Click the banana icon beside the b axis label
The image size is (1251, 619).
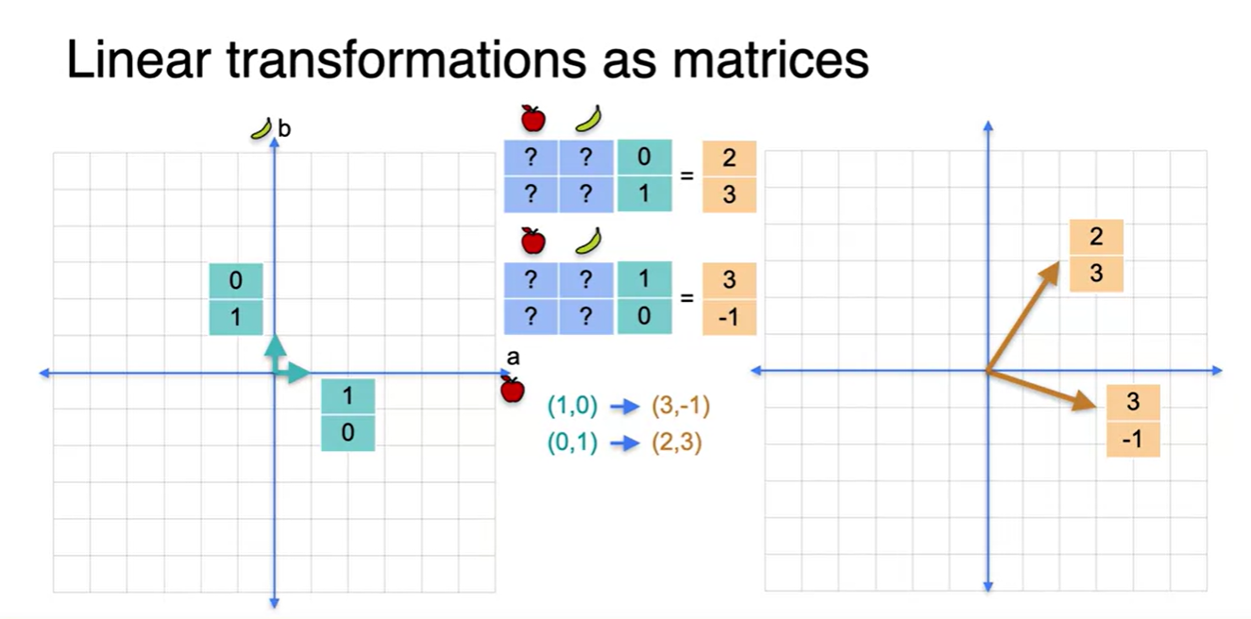click(x=262, y=128)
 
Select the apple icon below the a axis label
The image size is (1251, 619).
click(x=512, y=389)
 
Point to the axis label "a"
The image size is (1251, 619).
click(x=514, y=359)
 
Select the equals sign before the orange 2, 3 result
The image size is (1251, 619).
click(x=687, y=176)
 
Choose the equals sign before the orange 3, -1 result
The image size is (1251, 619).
click(x=687, y=298)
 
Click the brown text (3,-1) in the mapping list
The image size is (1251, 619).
click(x=681, y=407)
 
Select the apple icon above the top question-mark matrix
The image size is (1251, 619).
click(x=533, y=119)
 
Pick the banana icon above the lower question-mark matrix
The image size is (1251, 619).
click(x=589, y=242)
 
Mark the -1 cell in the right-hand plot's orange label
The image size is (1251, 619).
click(x=1133, y=440)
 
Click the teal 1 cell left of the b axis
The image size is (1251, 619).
click(x=235, y=317)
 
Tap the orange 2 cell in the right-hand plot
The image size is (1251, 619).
click(x=1096, y=237)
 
